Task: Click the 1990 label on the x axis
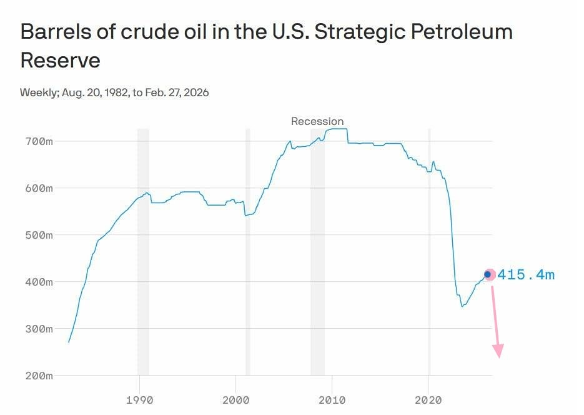pos(139,400)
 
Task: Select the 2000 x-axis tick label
pos(235,400)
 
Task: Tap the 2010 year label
pos(332,400)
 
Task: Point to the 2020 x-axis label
pos(428,400)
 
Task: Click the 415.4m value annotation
pos(526,275)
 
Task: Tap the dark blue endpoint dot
pos(487,274)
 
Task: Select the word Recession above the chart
pos(317,121)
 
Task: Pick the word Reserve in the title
pos(60,61)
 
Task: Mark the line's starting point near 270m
pos(69,342)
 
